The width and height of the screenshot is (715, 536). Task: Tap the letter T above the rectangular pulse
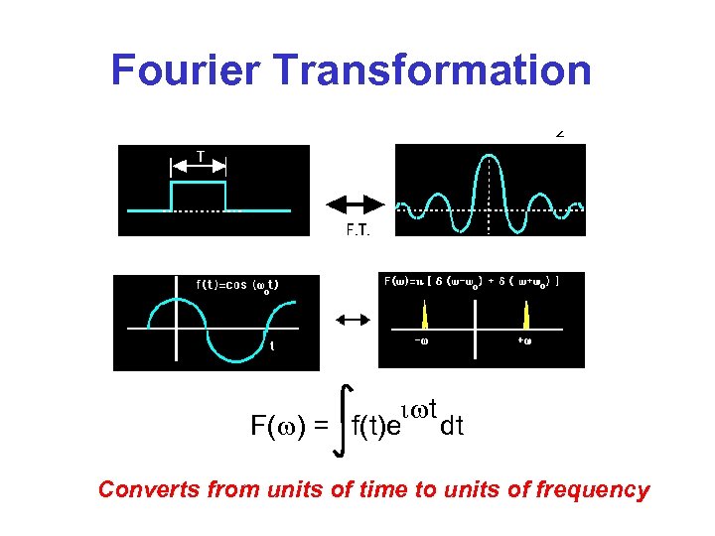(201, 157)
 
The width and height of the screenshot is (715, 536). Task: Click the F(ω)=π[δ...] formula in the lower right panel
(471, 281)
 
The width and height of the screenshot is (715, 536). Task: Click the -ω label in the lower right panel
(422, 342)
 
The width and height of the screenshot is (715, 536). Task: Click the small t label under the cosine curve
(272, 346)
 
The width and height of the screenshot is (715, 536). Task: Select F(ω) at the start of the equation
(275, 428)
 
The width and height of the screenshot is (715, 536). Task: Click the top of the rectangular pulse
(200, 183)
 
